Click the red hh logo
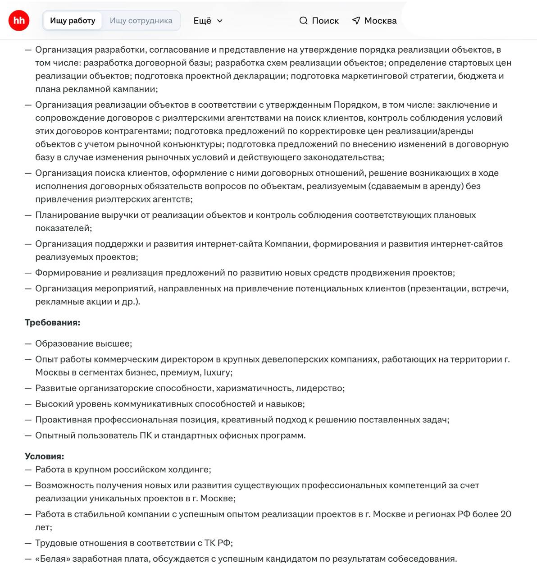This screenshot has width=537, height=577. point(19,20)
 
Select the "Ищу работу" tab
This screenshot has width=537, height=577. point(73,21)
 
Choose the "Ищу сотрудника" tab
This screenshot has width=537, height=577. point(141,21)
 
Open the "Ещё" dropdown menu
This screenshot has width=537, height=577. point(208,21)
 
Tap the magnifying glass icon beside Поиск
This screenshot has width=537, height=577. point(304,21)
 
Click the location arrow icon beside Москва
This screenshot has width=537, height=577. point(356,21)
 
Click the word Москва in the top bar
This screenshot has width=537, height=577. point(380,21)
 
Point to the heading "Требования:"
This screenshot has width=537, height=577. point(52,323)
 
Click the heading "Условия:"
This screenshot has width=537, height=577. point(45,456)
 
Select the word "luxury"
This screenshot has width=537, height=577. point(217,373)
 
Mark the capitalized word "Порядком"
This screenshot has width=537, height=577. point(355,105)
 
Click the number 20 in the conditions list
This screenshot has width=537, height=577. point(505,514)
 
